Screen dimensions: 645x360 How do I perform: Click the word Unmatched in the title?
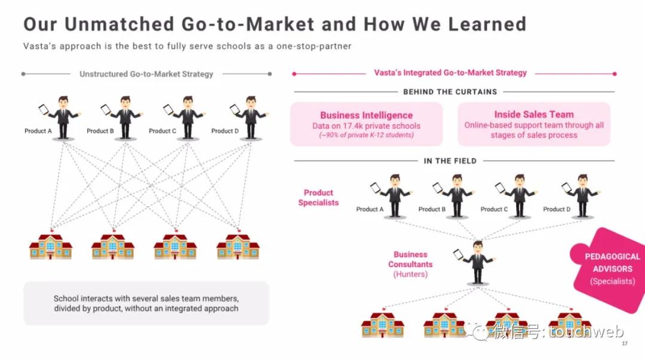tap(119, 24)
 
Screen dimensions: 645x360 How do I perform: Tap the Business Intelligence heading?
tap(366, 115)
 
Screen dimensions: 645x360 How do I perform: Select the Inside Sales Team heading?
tap(533, 115)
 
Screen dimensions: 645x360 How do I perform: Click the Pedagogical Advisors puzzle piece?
tap(609, 269)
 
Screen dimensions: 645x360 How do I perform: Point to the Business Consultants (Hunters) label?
tap(410, 264)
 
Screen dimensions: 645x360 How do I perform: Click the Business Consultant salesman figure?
tap(475, 263)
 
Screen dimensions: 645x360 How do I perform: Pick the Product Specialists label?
tap(318, 198)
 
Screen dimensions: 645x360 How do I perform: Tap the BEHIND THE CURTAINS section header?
tap(450, 92)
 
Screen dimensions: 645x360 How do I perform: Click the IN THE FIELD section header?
tap(450, 161)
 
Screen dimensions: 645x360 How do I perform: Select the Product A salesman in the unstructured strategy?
tap(62, 118)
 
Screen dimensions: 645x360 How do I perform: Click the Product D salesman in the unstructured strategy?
tap(249, 118)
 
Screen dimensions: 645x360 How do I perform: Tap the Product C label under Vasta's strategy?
tap(494, 210)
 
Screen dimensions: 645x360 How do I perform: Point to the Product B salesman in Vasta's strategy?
tap(455, 196)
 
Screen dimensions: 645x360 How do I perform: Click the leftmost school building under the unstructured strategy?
tap(51, 246)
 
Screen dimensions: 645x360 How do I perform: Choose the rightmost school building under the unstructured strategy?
tap(238, 246)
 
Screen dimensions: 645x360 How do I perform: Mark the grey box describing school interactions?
tap(146, 303)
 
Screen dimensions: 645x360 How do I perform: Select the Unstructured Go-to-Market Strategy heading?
tap(146, 74)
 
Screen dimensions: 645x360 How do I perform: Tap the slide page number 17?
tap(625, 343)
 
